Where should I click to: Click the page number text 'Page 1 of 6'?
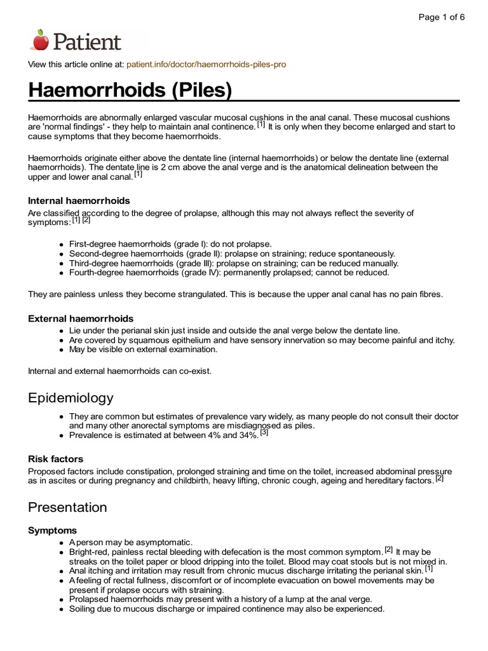[x=441, y=17]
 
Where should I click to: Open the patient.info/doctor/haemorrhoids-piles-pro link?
[x=207, y=65]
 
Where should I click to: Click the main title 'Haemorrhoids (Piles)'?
[x=130, y=91]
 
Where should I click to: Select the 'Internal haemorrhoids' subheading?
[x=79, y=200]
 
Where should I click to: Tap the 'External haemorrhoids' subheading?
[x=81, y=318]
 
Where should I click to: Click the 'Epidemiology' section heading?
[x=71, y=398]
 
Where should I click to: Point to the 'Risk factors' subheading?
[x=56, y=458]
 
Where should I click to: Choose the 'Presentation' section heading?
[x=67, y=507]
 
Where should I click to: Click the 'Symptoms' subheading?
[x=53, y=530]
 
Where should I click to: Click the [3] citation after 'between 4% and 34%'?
[x=264, y=433]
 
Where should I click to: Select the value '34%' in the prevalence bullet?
[x=247, y=435]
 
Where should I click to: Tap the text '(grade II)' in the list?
[x=201, y=254]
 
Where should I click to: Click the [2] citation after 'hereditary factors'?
[x=439, y=479]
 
